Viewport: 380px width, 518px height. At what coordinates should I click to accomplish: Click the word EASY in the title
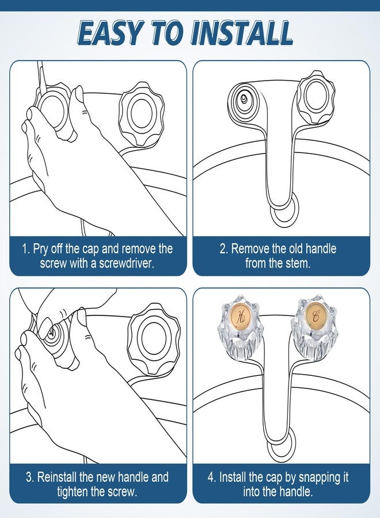click(x=111, y=33)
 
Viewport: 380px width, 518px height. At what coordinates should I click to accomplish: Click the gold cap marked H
click(x=241, y=316)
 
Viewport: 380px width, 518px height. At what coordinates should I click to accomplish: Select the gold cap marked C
click(x=315, y=316)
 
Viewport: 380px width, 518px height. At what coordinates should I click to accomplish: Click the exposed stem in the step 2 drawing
click(x=244, y=98)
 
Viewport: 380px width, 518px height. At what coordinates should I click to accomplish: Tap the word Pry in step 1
click(x=40, y=249)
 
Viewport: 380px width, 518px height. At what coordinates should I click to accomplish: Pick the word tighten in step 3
click(x=73, y=492)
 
